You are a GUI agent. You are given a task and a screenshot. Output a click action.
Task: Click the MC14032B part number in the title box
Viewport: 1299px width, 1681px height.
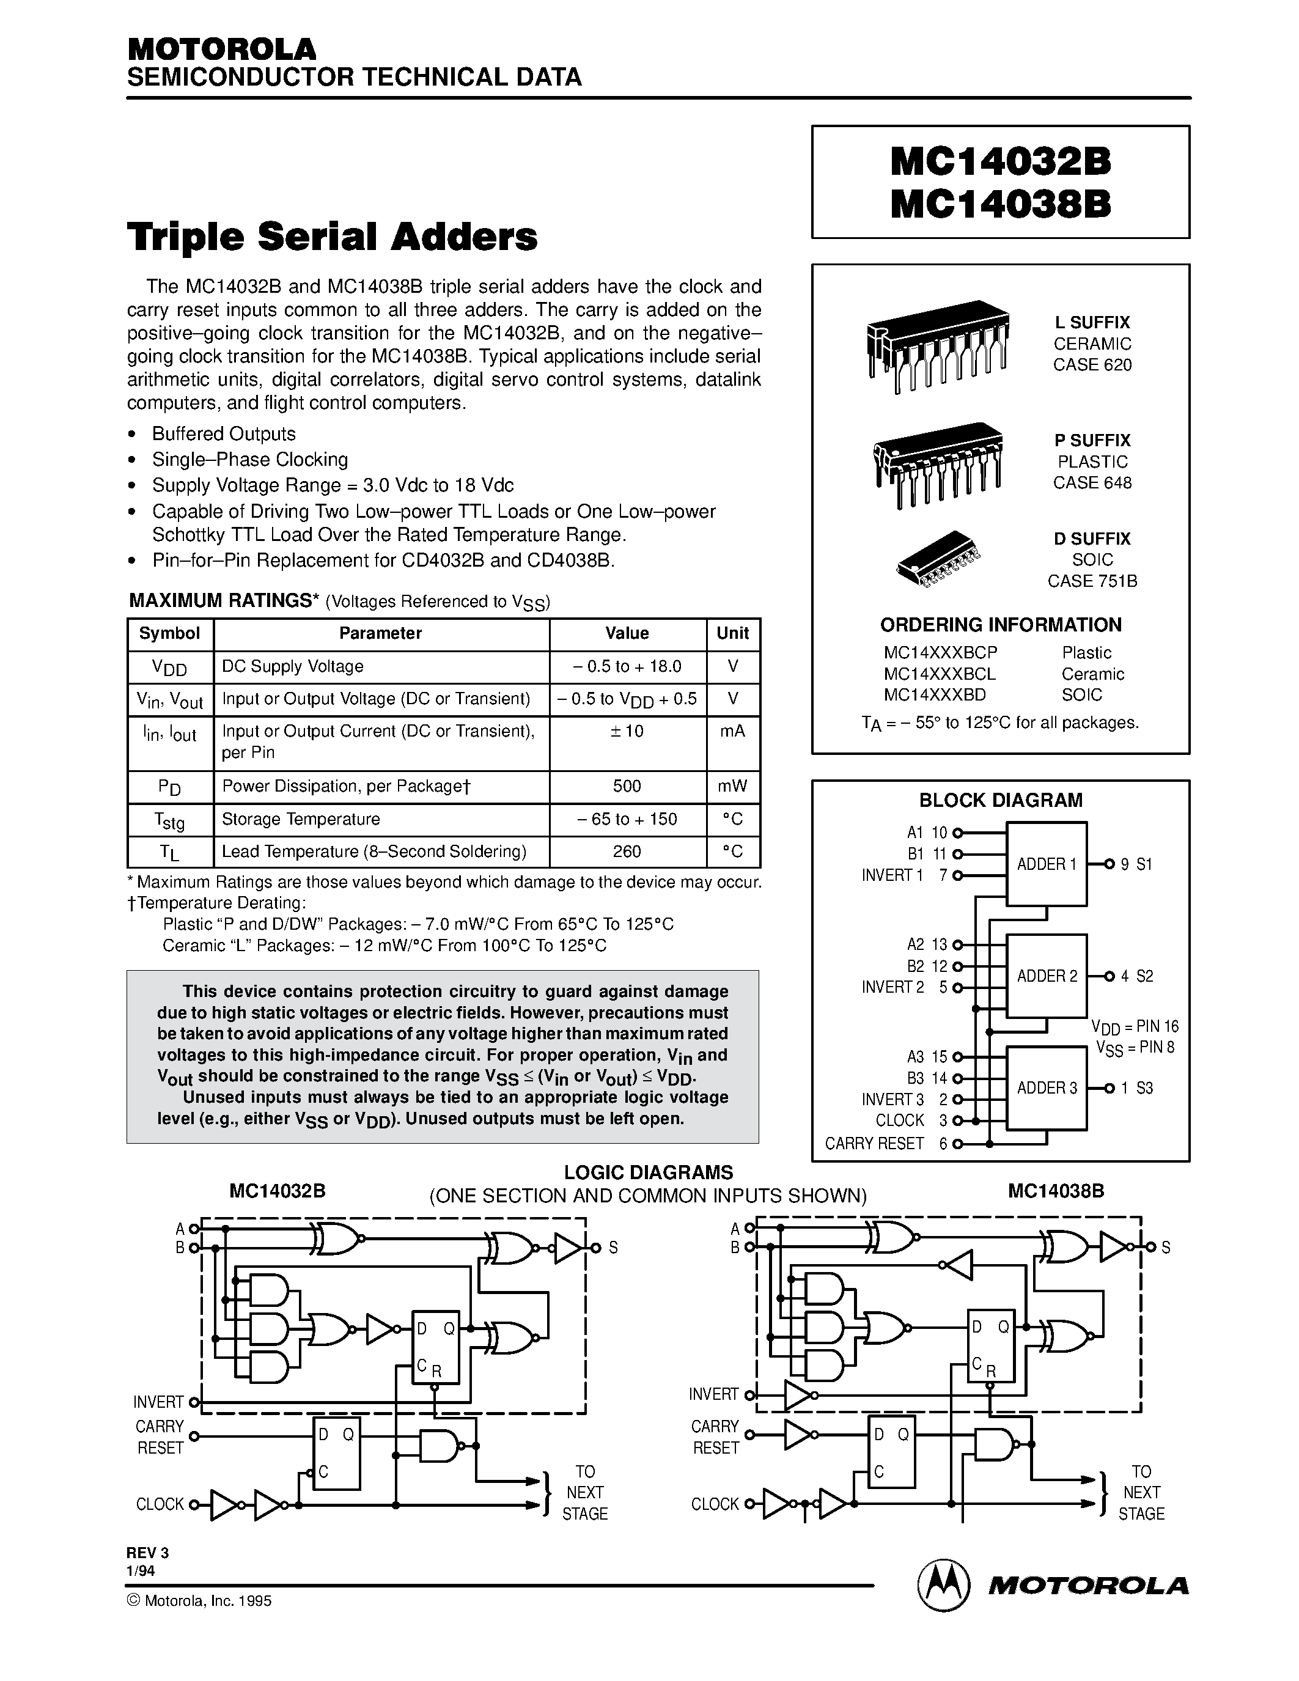pos(1001,163)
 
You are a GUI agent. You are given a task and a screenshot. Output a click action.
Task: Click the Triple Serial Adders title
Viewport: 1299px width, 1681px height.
pos(333,237)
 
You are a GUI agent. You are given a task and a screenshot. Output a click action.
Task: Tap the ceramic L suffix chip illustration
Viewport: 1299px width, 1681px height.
pos(937,345)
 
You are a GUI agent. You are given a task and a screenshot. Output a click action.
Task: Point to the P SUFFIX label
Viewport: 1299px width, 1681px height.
pos(1092,440)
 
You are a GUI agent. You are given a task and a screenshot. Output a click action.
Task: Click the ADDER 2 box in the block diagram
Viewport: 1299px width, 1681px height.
pos(1047,976)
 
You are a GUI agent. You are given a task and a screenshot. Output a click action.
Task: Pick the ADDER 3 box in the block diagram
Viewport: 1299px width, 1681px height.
pos(1047,1087)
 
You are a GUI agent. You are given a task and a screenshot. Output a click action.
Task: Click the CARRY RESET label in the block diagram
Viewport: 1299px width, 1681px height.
pos(874,1144)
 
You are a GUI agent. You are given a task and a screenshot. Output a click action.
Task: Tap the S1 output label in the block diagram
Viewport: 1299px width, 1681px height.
pos(1144,864)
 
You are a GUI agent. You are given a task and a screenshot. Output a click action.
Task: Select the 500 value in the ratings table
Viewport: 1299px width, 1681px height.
pos(627,786)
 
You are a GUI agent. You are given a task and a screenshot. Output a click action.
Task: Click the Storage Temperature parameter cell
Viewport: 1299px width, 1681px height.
pos(301,819)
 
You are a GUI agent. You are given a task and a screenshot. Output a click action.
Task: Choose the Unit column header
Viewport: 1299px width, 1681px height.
pos(732,633)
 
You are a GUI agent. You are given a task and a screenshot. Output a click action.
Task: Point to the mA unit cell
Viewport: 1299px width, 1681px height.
pos(732,731)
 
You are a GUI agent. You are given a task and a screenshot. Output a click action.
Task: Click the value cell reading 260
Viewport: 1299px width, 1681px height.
pos(627,852)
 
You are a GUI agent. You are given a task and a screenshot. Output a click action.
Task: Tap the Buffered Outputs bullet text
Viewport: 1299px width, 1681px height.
pos(224,434)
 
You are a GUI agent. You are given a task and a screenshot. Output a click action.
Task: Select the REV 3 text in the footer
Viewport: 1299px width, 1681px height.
pos(148,1553)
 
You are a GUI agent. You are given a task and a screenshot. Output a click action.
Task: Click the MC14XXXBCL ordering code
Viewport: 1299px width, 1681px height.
pos(940,674)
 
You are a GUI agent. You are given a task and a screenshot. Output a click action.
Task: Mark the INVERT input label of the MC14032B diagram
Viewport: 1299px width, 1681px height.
pos(158,1402)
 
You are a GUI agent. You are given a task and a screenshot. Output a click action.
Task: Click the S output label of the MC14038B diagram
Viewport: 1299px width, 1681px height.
pos(1166,1248)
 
